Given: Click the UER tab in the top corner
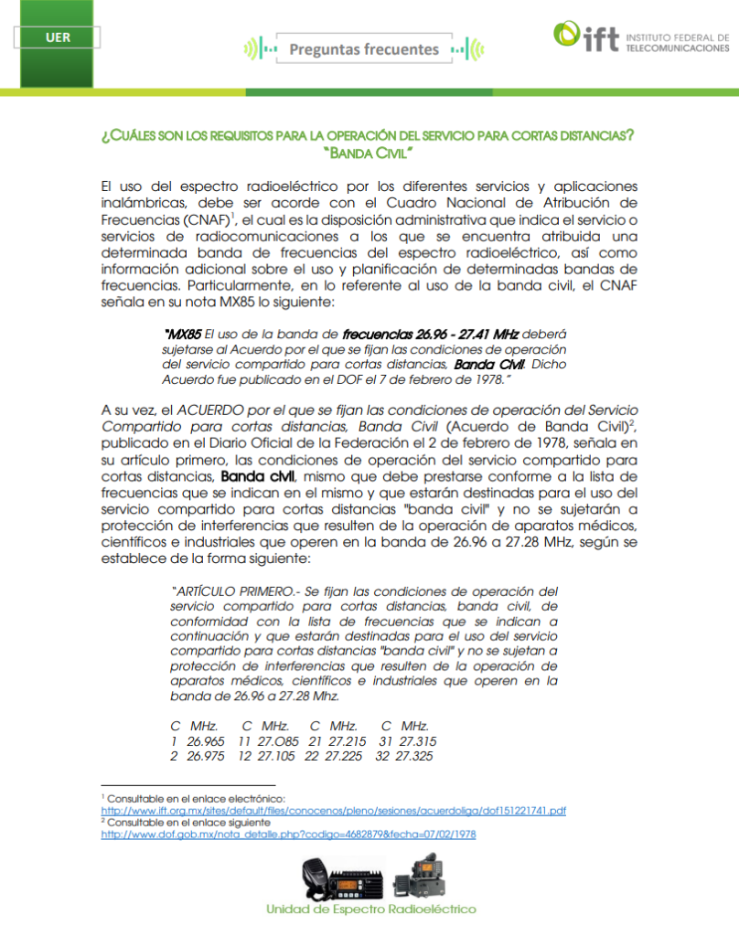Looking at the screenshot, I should pyautogui.click(x=57, y=37).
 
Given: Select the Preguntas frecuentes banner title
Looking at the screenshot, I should pyautogui.click(x=364, y=48).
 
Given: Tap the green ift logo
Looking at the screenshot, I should pyautogui.click(x=584, y=37).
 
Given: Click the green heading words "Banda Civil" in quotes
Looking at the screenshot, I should pyautogui.click(x=369, y=151).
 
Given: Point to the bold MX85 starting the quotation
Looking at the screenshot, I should pyautogui.click(x=182, y=335).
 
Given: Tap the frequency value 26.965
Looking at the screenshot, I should pyautogui.click(x=206, y=741).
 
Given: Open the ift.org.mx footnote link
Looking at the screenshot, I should pyautogui.click(x=333, y=810).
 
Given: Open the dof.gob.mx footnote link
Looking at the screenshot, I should pyautogui.click(x=288, y=834).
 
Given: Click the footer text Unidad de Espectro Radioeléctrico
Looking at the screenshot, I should pyautogui.click(x=370, y=909).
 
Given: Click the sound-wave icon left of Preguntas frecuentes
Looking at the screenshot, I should pyautogui.click(x=256, y=48).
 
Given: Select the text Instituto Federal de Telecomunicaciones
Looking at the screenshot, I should pyautogui.click(x=677, y=42).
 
